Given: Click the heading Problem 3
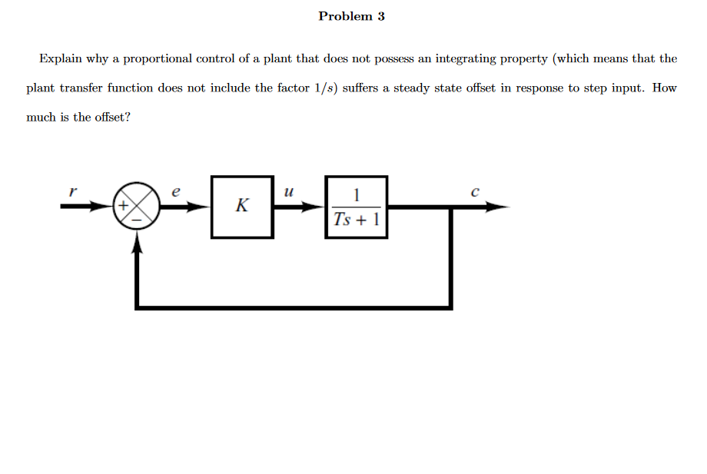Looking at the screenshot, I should [x=351, y=16].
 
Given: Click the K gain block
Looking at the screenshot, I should [x=242, y=206].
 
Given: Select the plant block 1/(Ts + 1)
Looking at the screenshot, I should [x=356, y=206].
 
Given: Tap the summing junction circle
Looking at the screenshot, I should [x=136, y=207].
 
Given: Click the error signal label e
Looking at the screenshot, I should [x=176, y=193].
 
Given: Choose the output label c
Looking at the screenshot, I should [x=476, y=193].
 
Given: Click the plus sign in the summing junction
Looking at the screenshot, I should [x=122, y=206].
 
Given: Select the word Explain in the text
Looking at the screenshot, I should [x=60, y=58].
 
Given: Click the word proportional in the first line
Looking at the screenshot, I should [x=158, y=58].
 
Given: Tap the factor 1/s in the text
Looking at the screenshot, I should [x=325, y=88].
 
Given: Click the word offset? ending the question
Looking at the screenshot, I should [x=112, y=118].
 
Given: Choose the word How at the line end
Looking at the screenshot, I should [x=665, y=88].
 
